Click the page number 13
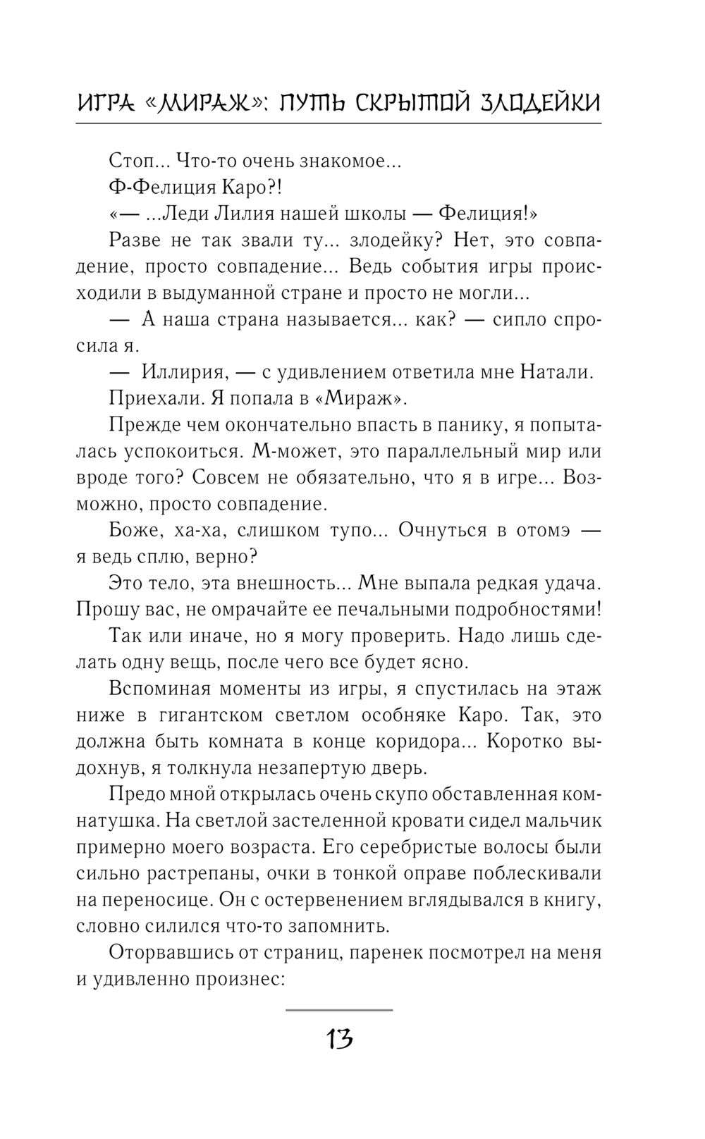[339, 1039]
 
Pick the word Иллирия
[183, 372]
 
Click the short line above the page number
[339, 1009]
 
